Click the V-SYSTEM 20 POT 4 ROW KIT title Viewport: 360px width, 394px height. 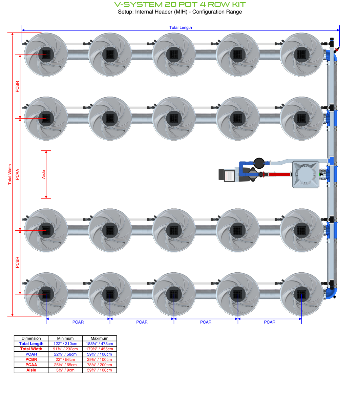coord(180,4)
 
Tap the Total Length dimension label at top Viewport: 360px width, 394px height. coord(181,27)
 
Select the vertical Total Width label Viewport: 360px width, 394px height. coord(9,174)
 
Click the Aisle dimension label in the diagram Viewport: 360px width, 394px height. coord(43,174)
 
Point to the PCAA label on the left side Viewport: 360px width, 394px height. coord(17,174)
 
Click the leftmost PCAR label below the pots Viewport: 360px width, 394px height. coord(78,322)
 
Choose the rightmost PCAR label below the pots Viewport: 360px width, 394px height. coord(270,322)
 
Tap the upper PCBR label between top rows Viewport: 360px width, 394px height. coord(17,86)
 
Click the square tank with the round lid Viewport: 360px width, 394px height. coord(305,174)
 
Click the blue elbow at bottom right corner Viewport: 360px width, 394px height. coord(332,293)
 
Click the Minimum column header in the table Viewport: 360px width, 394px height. coord(65,338)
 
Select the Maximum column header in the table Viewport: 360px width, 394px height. coord(100,338)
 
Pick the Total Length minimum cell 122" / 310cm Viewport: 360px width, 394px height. coord(65,344)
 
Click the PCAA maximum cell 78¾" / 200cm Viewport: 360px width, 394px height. coord(100,365)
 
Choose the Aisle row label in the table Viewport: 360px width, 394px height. coord(31,370)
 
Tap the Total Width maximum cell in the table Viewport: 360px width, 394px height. coord(100,349)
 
